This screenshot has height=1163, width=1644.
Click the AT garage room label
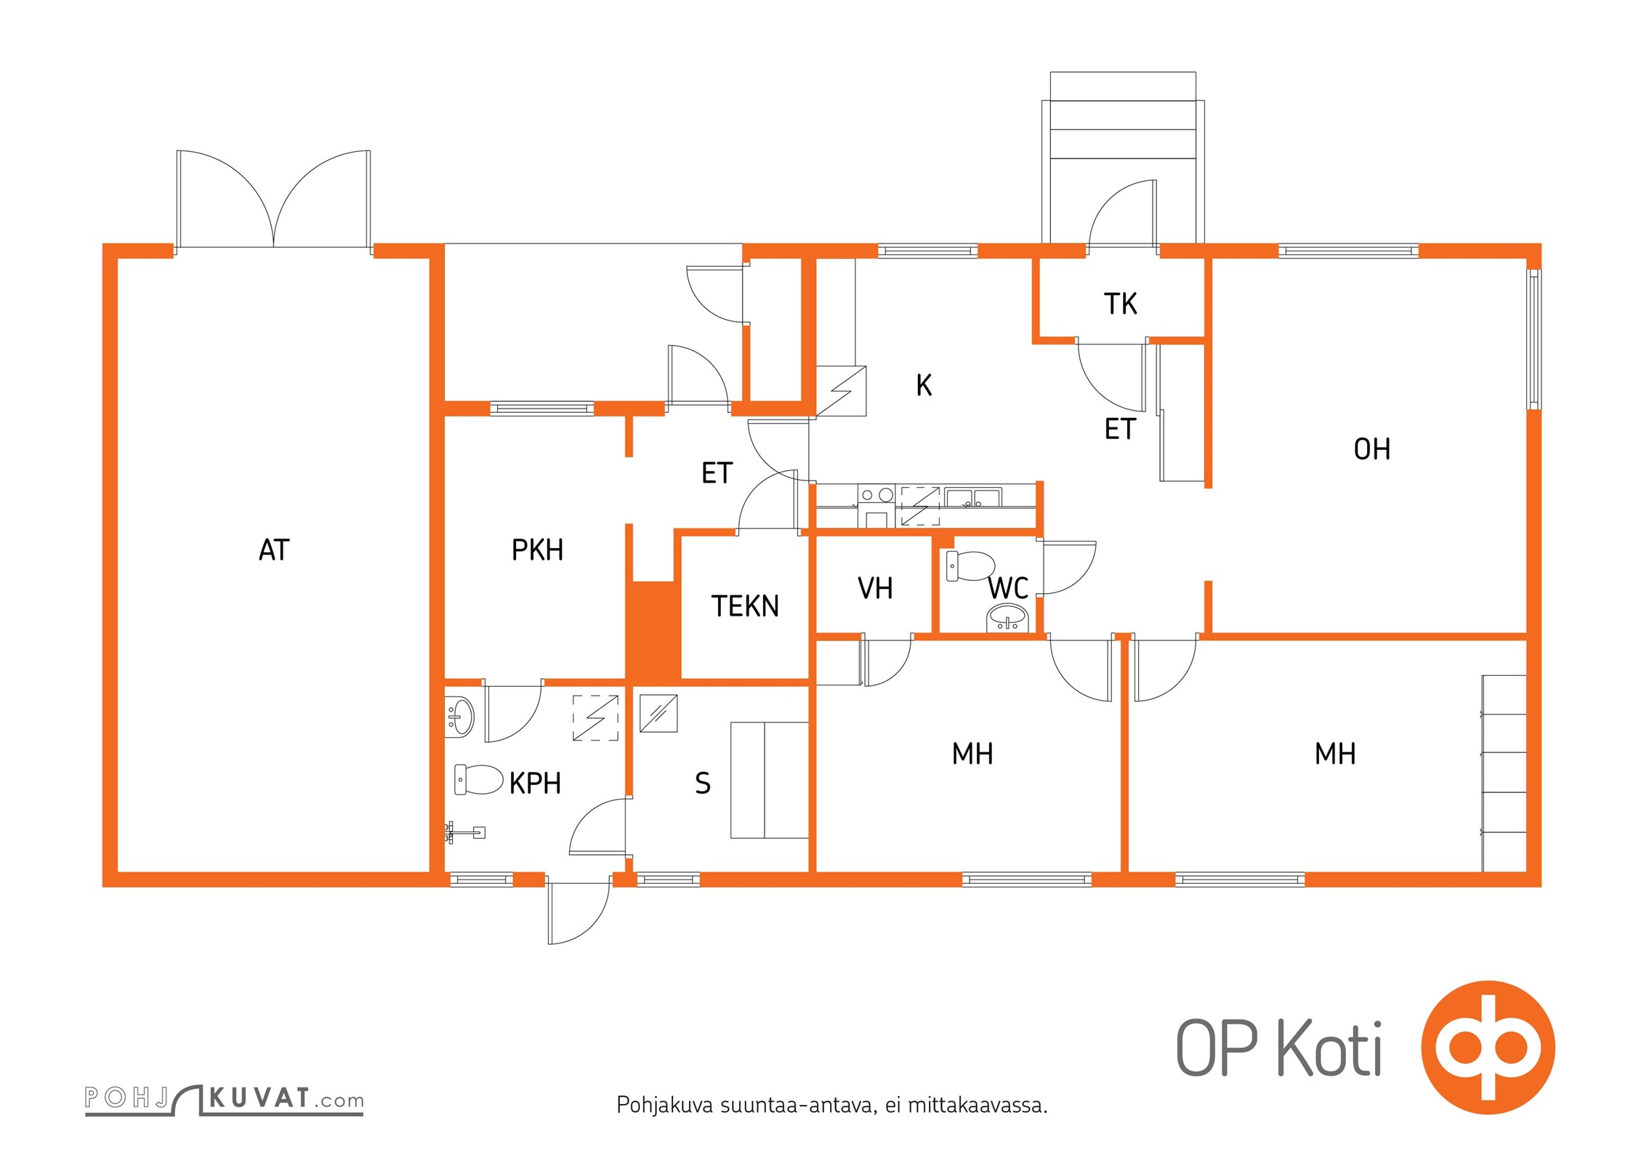[274, 550]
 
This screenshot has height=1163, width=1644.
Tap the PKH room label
[537, 550]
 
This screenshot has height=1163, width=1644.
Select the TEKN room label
[745, 606]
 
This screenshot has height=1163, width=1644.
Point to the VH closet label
[875, 589]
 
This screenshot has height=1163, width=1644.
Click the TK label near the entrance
[1120, 304]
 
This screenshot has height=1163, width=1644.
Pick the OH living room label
[1371, 449]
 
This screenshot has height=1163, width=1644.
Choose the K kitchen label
[924, 385]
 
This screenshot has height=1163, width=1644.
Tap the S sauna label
[702, 784]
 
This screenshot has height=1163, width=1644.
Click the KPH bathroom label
[535, 784]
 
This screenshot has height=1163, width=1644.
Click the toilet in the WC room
[970, 566]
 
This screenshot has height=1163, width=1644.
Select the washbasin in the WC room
[1007, 619]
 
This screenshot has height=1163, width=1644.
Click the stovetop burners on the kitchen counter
[877, 495]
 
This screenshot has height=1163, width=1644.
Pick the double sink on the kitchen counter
[973, 498]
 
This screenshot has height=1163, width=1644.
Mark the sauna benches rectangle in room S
[770, 780]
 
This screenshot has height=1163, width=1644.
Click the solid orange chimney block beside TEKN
[653, 630]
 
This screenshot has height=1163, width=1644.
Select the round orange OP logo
[1488, 1047]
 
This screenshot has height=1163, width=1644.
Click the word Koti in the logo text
[1329, 1048]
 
